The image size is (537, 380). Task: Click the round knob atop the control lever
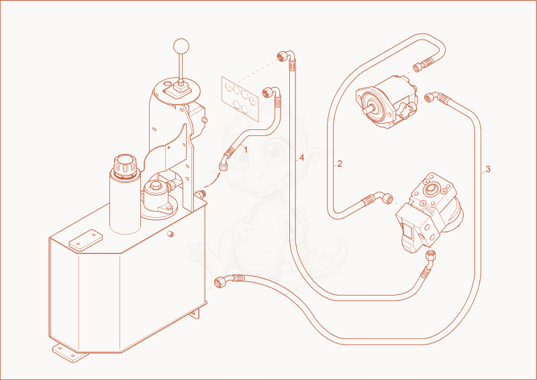181,46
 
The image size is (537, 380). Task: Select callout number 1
245,149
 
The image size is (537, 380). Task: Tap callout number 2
340,164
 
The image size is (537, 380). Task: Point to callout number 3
488,169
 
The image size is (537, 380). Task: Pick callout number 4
301,157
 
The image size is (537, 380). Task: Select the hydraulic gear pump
387,103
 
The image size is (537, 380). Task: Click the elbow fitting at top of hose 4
287,56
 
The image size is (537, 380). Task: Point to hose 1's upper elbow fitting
273,93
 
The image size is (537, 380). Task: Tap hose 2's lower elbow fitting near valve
378,198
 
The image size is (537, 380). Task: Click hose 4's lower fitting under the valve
428,263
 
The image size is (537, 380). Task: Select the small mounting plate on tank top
86,241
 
